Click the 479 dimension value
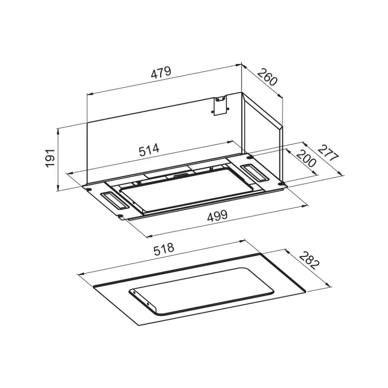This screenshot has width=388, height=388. click(x=161, y=72)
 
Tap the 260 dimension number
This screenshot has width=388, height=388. click(x=267, y=77)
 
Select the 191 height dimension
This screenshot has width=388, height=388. click(x=50, y=158)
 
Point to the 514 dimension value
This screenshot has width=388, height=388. click(x=149, y=150)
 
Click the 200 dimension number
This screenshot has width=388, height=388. click(x=306, y=158)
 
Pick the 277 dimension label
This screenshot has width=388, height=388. click(x=328, y=153)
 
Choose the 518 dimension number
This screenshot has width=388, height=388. click(x=164, y=249)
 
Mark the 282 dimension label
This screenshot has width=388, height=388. click(x=310, y=261)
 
